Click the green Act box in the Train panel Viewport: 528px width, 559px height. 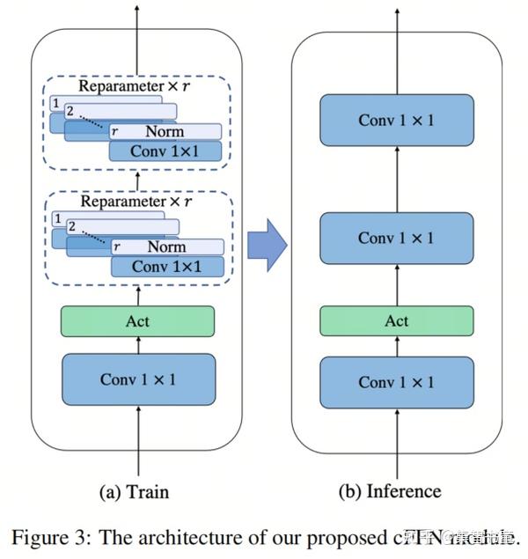pos(137,321)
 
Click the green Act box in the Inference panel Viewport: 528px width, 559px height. pos(396,321)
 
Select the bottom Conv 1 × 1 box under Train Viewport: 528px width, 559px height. pos(137,379)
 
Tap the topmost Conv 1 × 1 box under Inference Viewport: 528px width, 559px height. pos(396,119)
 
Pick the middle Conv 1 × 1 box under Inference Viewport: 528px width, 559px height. pos(396,239)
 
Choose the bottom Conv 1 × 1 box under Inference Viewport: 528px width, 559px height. pos(396,382)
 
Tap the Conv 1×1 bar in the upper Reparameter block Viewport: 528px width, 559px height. pos(165,151)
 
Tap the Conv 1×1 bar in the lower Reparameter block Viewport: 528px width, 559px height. pos(167,266)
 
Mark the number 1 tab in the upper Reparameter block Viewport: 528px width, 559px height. pos(56,104)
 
